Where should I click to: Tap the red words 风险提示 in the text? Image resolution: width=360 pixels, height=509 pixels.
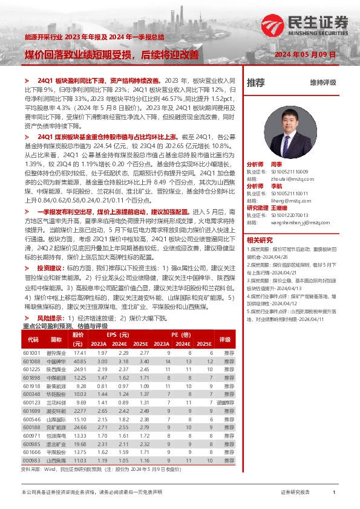(51, 317)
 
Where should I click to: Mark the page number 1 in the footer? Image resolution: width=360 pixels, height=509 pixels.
(334, 493)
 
